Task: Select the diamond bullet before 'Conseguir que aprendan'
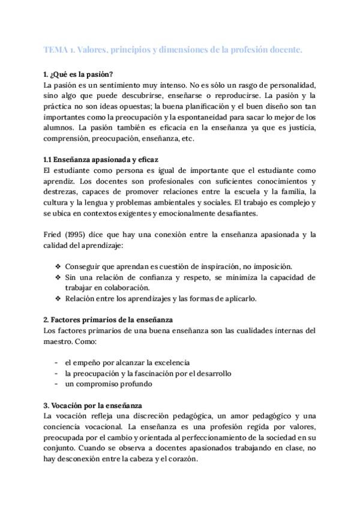coord(58,266)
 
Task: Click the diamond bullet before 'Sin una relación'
coord(58,277)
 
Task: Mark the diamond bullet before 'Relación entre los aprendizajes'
coord(58,298)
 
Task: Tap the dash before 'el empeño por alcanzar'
coord(56,363)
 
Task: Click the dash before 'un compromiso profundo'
coord(56,384)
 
